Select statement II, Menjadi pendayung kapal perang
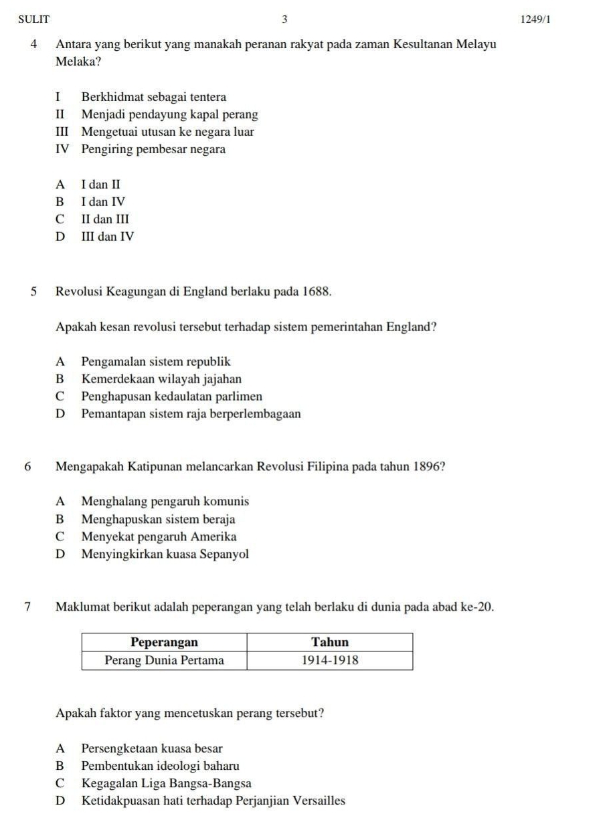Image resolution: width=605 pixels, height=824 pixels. click(169, 114)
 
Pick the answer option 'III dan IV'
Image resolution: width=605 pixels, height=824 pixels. click(108, 236)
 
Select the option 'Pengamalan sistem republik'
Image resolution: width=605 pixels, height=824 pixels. click(156, 362)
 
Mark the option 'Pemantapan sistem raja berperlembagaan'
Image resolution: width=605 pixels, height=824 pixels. click(191, 414)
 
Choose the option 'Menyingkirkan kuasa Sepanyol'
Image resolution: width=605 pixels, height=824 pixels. click(165, 554)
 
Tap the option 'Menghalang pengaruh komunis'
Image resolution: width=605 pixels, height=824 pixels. click(165, 501)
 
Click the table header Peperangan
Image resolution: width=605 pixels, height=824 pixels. click(164, 643)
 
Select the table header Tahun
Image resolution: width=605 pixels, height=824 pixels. click(330, 643)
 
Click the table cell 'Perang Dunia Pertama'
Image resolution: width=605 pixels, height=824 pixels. click(164, 661)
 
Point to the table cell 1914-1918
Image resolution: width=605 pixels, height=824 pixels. click(330, 661)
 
